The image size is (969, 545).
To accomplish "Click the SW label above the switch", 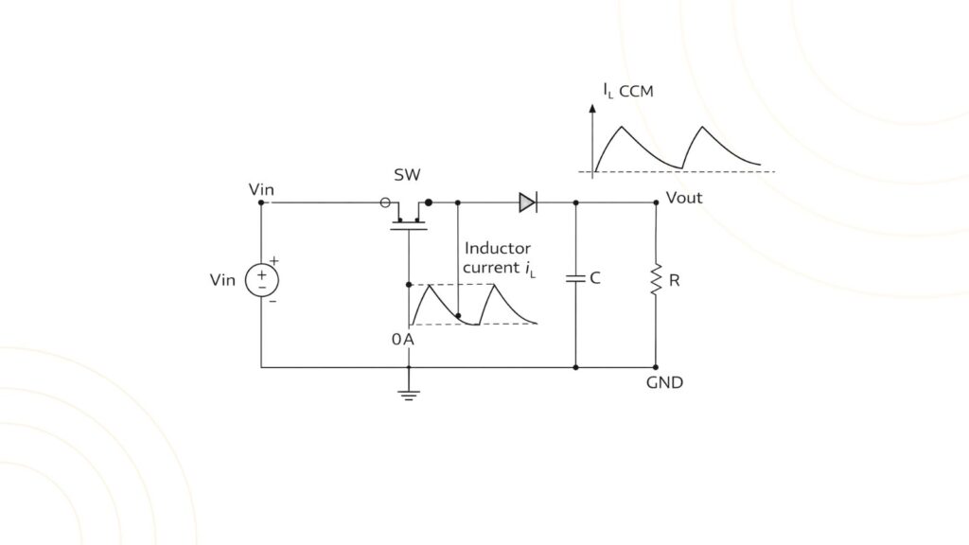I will pyautogui.click(x=407, y=176).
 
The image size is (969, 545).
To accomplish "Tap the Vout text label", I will pyautogui.click(x=684, y=198).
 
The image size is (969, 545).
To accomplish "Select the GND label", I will pyautogui.click(x=664, y=383).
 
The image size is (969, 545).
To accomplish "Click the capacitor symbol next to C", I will pyautogui.click(x=575, y=279).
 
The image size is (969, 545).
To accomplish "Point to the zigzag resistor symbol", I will pyautogui.click(x=655, y=280).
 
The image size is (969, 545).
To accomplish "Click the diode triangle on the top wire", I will pyautogui.click(x=527, y=202).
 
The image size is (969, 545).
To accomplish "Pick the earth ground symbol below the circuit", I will pyautogui.click(x=409, y=393).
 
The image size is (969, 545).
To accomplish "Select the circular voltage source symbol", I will pyautogui.click(x=261, y=280).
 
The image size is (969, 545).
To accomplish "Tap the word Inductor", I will pyautogui.click(x=497, y=248).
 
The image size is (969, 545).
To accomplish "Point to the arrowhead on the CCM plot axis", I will pyautogui.click(x=593, y=110).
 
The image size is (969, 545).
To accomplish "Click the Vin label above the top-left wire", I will pyautogui.click(x=261, y=189).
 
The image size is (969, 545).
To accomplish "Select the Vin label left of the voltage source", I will pyautogui.click(x=223, y=280).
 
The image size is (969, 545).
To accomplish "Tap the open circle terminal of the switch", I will pyautogui.click(x=384, y=202).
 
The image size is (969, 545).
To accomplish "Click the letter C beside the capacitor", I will pyautogui.click(x=595, y=279).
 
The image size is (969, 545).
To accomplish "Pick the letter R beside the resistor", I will pyautogui.click(x=674, y=280).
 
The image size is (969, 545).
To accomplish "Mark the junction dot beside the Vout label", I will pyautogui.click(x=655, y=202).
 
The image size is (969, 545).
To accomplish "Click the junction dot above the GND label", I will pyautogui.click(x=655, y=367).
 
